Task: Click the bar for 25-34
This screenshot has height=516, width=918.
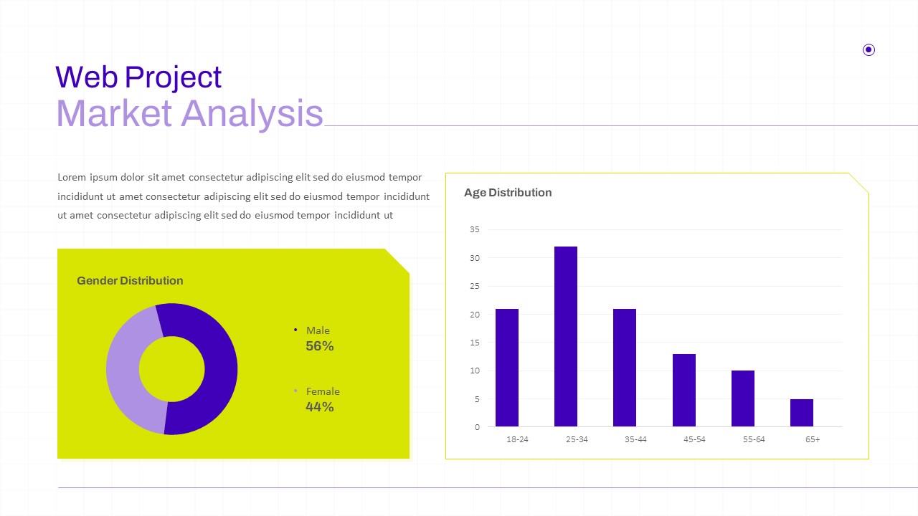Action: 566,336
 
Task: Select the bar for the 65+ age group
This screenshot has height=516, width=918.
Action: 802,413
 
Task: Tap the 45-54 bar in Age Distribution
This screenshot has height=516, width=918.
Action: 684,391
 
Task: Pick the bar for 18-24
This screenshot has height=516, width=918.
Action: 507,368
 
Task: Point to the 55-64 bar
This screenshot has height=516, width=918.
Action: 743,398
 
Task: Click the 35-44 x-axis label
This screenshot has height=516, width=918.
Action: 635,439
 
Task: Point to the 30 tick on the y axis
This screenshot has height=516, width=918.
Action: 475,258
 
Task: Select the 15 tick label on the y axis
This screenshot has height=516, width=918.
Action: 475,343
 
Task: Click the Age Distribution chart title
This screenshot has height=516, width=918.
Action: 508,193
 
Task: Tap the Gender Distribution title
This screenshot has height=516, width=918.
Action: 130,280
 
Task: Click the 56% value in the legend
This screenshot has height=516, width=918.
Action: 320,346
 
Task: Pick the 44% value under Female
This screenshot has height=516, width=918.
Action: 320,406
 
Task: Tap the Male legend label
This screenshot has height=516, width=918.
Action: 318,330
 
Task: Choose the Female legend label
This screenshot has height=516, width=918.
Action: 323,391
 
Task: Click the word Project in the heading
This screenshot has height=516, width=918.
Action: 173,78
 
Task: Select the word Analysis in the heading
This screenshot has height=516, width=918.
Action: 252,114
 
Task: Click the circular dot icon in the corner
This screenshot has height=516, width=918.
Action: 869,50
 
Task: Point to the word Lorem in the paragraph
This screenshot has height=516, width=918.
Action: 72,177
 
